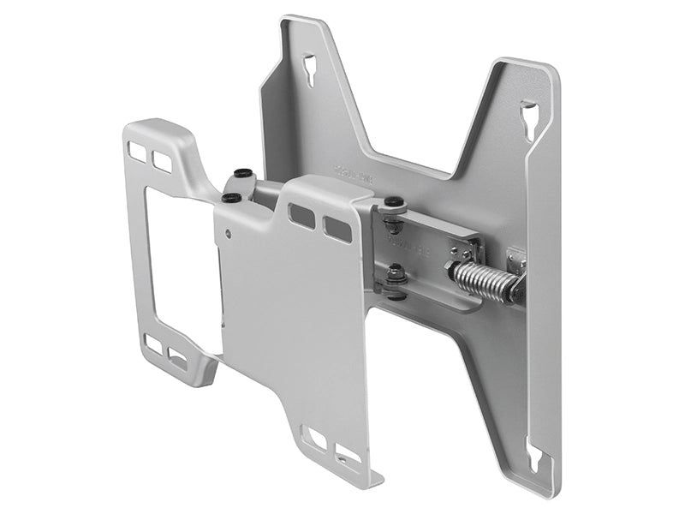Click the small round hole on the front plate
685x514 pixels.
227,231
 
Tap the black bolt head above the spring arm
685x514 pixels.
393,203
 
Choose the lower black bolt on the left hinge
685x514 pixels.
230,198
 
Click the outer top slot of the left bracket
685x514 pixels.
137,151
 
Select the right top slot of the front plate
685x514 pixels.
337,228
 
